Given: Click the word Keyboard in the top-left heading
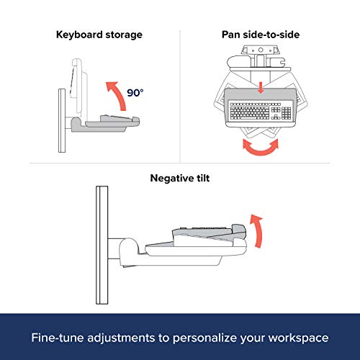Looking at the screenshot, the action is tap(79, 35).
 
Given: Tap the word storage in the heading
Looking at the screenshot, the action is tap(124, 35).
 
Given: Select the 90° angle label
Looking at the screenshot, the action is tap(135, 93).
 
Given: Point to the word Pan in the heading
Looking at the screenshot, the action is tap(231, 35).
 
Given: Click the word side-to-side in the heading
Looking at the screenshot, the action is tap(271, 35).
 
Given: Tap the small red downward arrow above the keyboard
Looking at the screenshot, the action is tap(261, 88).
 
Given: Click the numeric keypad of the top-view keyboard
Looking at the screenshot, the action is tap(286, 113).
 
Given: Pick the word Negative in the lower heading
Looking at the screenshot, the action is tap(172, 179).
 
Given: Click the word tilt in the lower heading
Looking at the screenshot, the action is tap(203, 179).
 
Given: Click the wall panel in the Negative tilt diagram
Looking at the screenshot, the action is tap(102, 245).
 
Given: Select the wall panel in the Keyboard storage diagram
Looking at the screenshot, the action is tap(62, 120).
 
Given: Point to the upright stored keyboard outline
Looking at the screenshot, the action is tap(78, 86).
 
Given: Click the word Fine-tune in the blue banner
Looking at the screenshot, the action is tap(58, 338).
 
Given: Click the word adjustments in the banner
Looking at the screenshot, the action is tap(121, 338).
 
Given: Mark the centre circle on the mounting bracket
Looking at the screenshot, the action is tap(261, 50).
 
